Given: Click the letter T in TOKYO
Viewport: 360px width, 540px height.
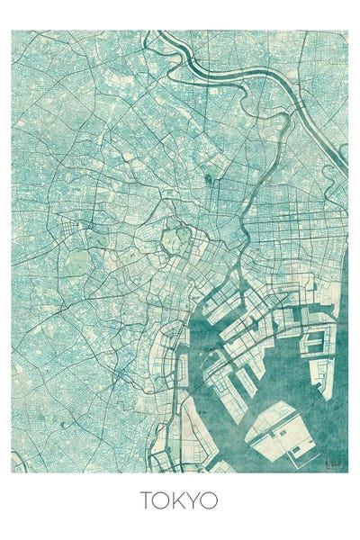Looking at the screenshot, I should (146, 499).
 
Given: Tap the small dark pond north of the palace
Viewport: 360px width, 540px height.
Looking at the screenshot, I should (209, 178).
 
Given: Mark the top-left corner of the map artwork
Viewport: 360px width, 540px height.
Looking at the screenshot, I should (13, 31).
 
